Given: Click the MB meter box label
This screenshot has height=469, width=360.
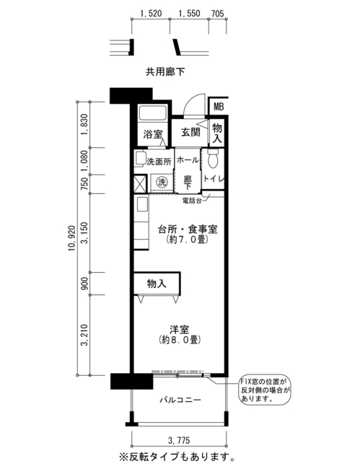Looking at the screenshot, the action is tap(219, 107).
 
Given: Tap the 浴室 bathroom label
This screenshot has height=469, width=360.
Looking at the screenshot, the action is tap(152, 134).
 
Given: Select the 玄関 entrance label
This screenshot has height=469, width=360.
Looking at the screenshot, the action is tap(190, 132).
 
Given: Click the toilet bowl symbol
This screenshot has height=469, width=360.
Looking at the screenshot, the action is tap(213, 158).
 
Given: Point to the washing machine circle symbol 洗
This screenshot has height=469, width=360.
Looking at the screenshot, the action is tap(162, 182).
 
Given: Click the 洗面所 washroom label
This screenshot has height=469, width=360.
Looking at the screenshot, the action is tap(159, 162).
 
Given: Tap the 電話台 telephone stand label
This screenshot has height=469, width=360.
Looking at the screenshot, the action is tap(192, 201).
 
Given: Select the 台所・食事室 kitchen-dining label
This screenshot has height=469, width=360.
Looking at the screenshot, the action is tap(188, 229).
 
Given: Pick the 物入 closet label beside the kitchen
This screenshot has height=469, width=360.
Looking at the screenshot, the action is tap(157, 284).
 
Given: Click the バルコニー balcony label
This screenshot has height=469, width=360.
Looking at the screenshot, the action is tap(180, 400).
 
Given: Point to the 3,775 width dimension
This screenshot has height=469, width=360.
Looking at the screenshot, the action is tap(179, 440).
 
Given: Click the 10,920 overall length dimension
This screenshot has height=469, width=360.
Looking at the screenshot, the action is tap(71, 238).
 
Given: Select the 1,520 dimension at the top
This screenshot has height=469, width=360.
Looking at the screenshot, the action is tap(151, 14).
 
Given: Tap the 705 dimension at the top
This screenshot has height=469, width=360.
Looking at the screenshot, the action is tap(217, 14).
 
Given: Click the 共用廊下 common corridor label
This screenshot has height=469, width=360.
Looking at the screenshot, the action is tap(165, 71).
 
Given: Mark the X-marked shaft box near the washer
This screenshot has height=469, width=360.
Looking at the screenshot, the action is tap(141, 184).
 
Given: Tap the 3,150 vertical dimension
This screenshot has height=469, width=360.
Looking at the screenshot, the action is tap(85, 233).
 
